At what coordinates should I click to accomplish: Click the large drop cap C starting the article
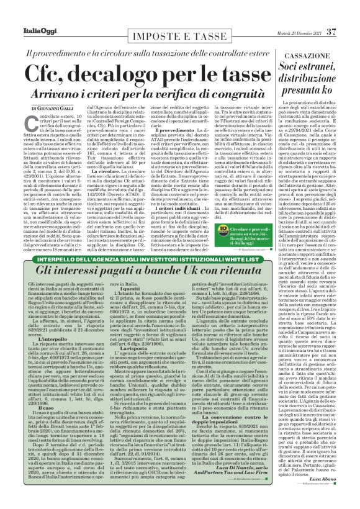click(x=30, y=124)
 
